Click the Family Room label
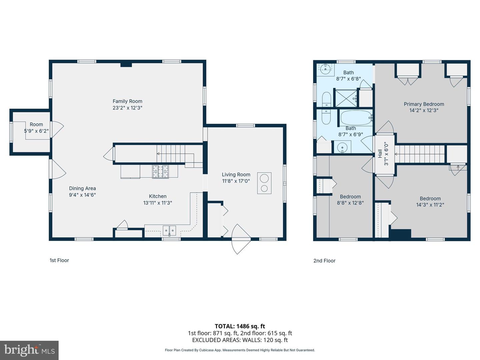(x=127, y=101)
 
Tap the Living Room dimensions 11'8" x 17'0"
(x=236, y=181)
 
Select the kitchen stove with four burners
(x=161, y=172)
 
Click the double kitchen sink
(x=169, y=230)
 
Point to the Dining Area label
(x=82, y=188)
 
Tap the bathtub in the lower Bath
(x=356, y=118)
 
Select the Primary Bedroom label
(x=424, y=104)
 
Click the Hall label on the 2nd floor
(x=380, y=154)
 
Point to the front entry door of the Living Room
(x=241, y=239)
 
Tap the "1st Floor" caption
(x=59, y=260)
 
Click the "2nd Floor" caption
(x=324, y=261)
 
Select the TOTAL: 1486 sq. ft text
(x=240, y=326)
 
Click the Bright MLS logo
(x=29, y=350)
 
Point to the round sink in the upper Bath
(x=326, y=70)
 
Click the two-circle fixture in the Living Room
(x=264, y=183)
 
